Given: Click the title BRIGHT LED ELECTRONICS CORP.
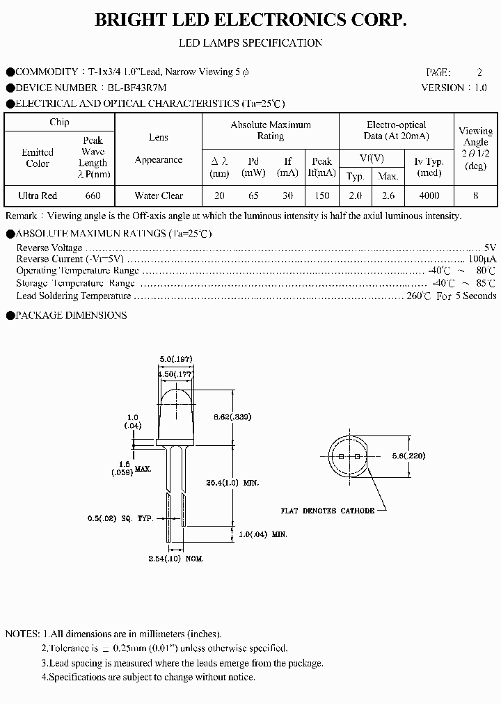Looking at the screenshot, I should coord(250,21).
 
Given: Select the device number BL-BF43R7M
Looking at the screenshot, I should coord(136,88).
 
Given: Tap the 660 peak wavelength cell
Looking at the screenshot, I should coord(93,196).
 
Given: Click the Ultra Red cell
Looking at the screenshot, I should coord(38,196).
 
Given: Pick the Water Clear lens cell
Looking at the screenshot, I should coord(159,196).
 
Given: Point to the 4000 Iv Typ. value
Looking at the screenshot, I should coord(429,196).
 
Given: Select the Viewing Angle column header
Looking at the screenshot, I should coord(475,148).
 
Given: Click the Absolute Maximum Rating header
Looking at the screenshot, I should coord(271,130).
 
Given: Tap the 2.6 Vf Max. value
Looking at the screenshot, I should coord(388,196).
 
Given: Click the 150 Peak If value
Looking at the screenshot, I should coord(321,196).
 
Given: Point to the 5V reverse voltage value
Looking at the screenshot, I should coord(490,248).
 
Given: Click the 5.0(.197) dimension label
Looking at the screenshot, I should coord(175,359).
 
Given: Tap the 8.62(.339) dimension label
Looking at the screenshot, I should coord(232,417).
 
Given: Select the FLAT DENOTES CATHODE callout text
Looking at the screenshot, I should coord(327,511).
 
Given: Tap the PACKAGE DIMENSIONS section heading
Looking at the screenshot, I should coord(70,315).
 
